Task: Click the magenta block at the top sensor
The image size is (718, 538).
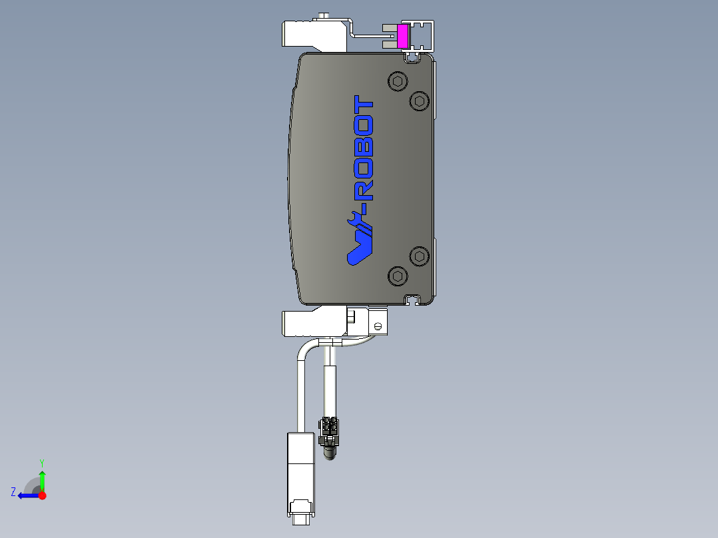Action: pos(403,37)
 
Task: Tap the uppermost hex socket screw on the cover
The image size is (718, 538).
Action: pos(398,82)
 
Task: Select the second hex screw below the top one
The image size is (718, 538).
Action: pos(418,101)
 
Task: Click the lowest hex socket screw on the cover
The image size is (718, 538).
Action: pos(398,275)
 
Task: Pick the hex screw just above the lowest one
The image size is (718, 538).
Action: pos(418,256)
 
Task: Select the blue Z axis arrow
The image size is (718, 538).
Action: pos(27,495)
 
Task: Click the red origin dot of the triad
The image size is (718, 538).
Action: pos(42,495)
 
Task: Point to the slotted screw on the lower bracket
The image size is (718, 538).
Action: pos(377,326)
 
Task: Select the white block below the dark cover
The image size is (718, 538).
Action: pos(303,323)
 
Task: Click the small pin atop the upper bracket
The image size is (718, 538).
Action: pos(324,15)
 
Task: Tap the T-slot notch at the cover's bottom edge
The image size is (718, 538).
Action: pos(414,300)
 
